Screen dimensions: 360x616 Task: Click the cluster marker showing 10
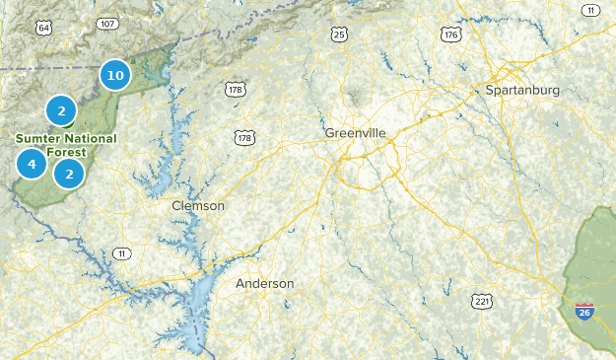(114, 74)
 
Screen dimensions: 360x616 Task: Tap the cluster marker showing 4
(32, 164)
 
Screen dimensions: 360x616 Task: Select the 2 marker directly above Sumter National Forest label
(61, 110)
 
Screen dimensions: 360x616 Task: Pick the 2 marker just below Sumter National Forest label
(68, 175)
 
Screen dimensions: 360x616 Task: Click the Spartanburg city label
(522, 90)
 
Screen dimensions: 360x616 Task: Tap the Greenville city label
(355, 132)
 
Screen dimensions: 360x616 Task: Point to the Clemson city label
(198, 206)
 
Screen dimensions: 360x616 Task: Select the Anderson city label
(264, 283)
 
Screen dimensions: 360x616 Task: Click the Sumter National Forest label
(65, 144)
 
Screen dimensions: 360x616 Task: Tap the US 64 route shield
(43, 27)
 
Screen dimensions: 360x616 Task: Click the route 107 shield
(108, 24)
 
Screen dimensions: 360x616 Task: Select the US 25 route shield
(339, 35)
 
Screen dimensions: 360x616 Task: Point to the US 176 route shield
(451, 35)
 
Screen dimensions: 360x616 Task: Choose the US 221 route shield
(481, 300)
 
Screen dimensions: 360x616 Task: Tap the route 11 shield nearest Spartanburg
(589, 10)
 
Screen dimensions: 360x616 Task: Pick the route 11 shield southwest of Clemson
(121, 253)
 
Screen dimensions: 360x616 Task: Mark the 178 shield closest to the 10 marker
(235, 90)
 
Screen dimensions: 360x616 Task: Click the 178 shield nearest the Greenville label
(243, 137)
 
